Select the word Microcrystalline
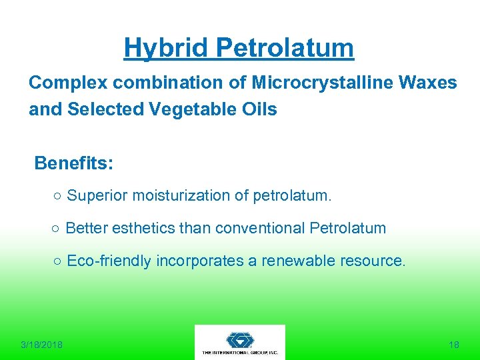point(325,83)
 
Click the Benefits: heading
point(74,163)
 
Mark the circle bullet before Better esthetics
point(57,229)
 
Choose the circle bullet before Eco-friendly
point(58,261)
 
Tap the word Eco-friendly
point(109,261)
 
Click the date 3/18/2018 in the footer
point(41,345)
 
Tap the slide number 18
point(454,345)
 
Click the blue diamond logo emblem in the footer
point(239,339)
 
